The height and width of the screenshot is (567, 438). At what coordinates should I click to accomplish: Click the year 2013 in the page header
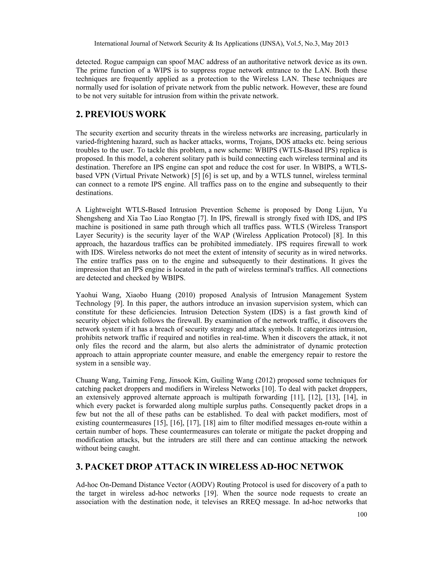pyautogui.click(x=341, y=44)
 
